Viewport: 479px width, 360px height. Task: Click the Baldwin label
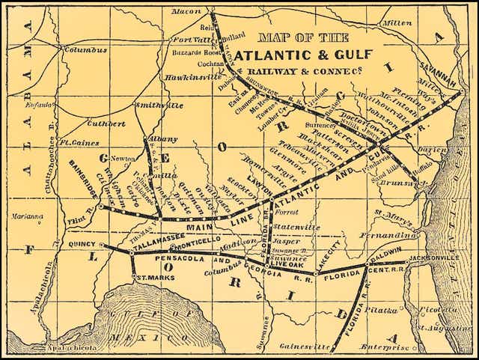click(x=384, y=251)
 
